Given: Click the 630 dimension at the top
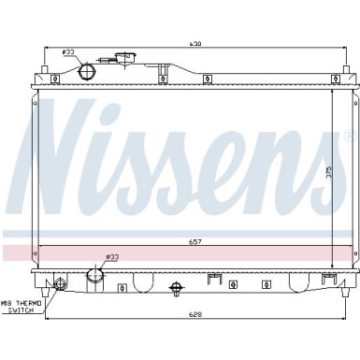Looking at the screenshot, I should coord(194,44).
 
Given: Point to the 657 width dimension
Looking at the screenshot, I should coord(195,241).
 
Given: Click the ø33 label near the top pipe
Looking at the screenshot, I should coord(67,53).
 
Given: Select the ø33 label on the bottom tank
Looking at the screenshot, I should coord(112,257).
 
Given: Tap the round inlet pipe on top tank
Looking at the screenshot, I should coord(88,71).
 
